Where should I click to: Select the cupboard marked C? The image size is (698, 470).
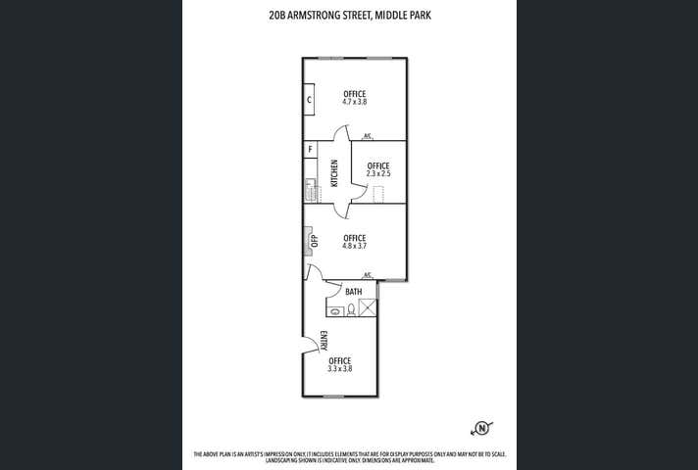click(309, 99)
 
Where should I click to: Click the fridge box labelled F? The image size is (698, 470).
click(310, 150)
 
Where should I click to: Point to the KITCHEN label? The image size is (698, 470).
click(334, 173)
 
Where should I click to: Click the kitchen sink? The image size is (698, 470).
click(309, 189)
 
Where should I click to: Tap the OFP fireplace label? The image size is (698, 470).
click(314, 241)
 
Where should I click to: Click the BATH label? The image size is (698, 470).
click(353, 292)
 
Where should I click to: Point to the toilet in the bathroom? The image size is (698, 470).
click(350, 310)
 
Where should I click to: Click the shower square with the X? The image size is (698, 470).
click(368, 309)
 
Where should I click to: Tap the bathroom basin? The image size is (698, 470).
click(334, 311)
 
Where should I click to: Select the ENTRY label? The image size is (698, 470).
click(324, 341)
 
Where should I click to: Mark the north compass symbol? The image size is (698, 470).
click(481, 427)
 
